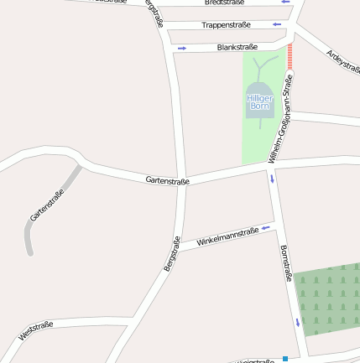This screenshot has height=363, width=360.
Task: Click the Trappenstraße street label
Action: pos(226,25)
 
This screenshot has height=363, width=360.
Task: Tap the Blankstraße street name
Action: pos(236,47)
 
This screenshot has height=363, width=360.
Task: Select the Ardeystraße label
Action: pos(342,61)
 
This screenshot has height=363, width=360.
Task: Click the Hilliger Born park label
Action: pos(259,102)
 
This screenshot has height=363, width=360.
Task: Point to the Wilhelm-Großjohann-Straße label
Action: pos(280,120)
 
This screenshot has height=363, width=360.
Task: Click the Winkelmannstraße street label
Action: pos(227,236)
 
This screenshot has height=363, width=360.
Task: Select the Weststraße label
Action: pos(36,329)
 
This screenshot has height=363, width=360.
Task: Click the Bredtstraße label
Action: pos(225,3)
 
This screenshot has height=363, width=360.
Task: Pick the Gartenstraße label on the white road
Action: pos(167,179)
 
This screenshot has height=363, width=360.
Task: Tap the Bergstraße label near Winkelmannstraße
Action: pos(171,254)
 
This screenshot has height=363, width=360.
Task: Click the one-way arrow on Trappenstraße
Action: pos(278,24)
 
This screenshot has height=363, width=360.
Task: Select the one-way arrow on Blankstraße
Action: pos(181,48)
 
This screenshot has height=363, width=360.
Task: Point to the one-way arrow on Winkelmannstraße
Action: pos(266,226)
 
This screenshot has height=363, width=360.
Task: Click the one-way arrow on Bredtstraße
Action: pos(285,2)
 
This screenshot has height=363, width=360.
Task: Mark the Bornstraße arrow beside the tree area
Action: pos(297,323)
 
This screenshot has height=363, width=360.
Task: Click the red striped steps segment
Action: pos(290,57)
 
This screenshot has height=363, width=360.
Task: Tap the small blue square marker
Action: pos(285,359)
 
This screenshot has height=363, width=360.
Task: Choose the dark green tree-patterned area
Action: pos(330,298)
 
